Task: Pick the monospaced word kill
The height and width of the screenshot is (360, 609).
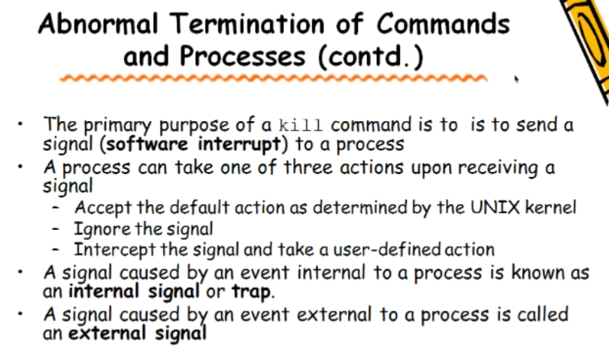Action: point(304,125)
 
